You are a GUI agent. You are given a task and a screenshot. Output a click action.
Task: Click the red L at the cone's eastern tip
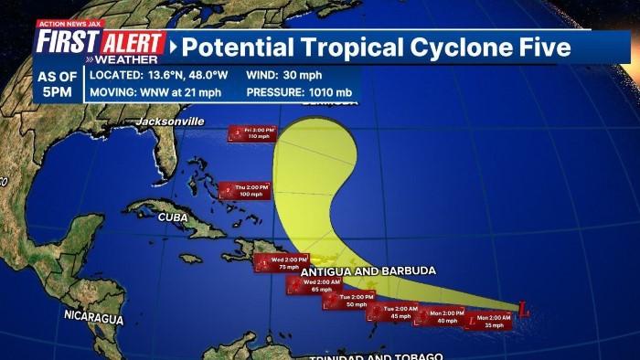tap(523, 310)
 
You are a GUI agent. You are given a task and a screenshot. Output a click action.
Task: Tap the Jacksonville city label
tap(170, 122)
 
